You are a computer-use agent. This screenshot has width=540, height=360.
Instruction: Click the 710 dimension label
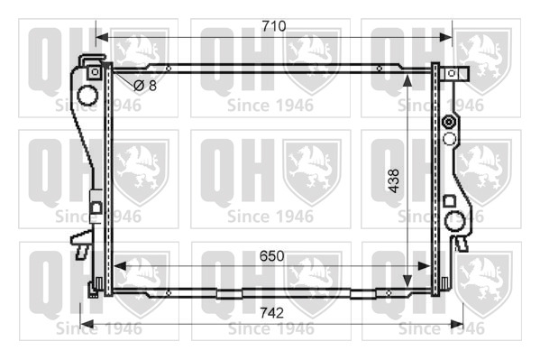274,26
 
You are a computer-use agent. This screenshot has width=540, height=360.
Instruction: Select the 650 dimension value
271,256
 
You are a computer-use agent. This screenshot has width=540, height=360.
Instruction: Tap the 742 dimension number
271,313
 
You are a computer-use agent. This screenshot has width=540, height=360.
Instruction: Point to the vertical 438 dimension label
394,180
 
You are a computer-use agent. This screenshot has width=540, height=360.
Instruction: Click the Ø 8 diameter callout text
145,85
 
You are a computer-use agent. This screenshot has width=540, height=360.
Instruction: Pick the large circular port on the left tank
87,95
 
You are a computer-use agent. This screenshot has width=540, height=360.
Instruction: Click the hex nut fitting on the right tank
449,123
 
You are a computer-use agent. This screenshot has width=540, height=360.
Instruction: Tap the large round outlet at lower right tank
455,220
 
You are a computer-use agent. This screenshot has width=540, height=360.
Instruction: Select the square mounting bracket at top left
95,72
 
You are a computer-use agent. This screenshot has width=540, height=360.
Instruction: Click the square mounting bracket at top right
452,73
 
